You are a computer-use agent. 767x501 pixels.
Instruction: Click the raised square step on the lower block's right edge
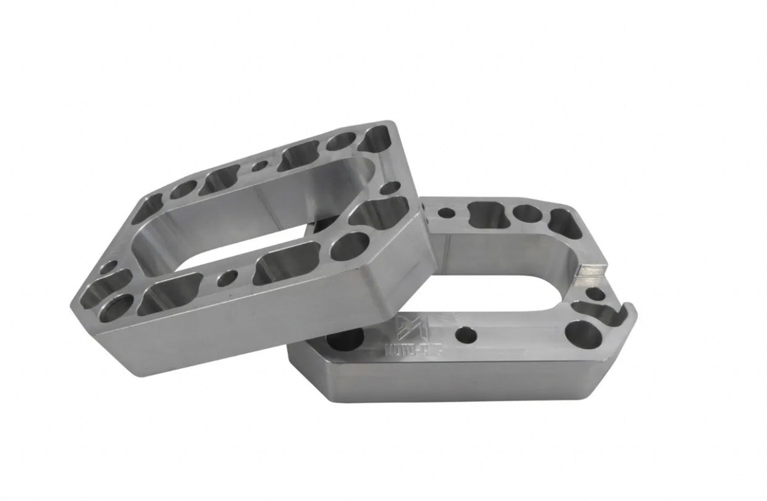(590, 271)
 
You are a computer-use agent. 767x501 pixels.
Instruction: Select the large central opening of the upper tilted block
(266, 228)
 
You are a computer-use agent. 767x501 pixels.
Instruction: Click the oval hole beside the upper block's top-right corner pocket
(341, 142)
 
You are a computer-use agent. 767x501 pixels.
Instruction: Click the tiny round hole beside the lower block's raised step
(596, 294)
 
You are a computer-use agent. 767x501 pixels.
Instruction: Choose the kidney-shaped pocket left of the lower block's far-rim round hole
(485, 212)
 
